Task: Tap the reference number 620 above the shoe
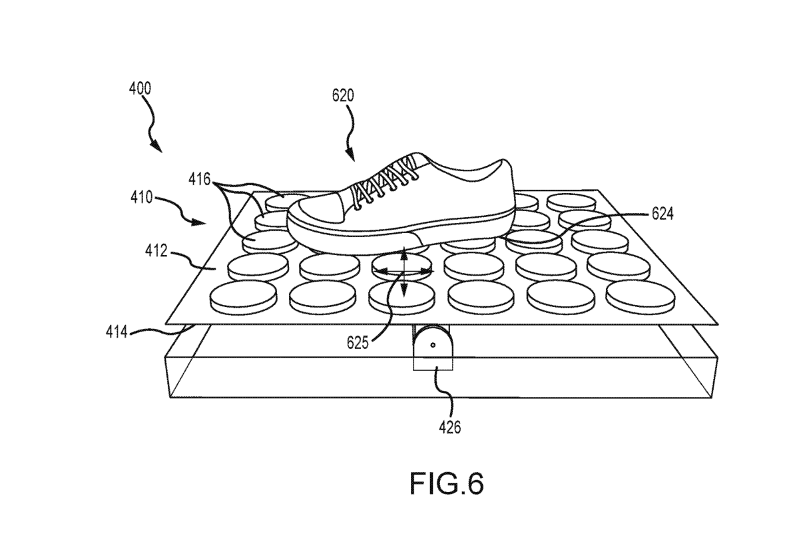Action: pos(343,95)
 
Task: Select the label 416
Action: pos(199,179)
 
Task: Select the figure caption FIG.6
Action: pos(446,485)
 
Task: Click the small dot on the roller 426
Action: pos(432,345)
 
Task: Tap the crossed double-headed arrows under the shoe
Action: pos(403,272)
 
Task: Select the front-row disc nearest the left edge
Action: pos(242,297)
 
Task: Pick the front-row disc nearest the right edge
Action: pos(637,294)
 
